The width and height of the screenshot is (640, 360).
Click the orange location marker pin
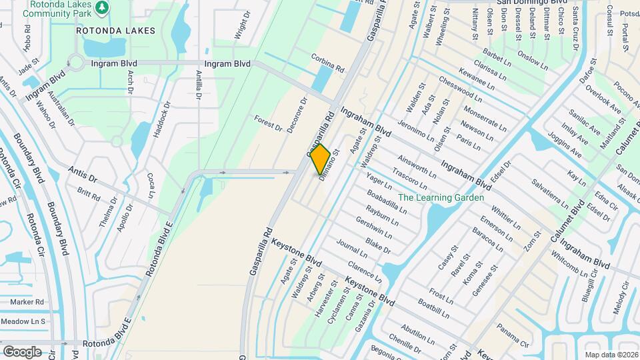pos(321,159)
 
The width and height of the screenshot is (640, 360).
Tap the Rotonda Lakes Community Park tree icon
pos(102,8)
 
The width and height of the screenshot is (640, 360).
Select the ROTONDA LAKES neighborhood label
pos(115,31)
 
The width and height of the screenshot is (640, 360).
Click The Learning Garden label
pos(440,197)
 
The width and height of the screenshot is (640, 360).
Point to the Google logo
pos(22,351)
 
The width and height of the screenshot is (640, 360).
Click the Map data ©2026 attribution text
pos(611,355)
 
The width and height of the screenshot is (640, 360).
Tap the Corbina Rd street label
pos(327,63)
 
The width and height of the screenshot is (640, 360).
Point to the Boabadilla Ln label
pos(386,199)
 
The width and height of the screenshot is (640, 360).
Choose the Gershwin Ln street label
pos(373,227)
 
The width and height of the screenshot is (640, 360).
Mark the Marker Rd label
pos(27,302)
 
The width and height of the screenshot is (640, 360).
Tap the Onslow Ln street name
pos(536,60)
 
